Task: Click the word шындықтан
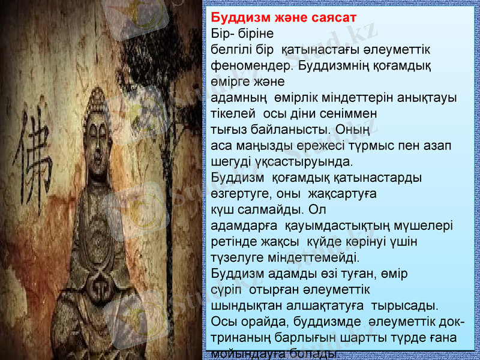coord(247,308)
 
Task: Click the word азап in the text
coord(437,145)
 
